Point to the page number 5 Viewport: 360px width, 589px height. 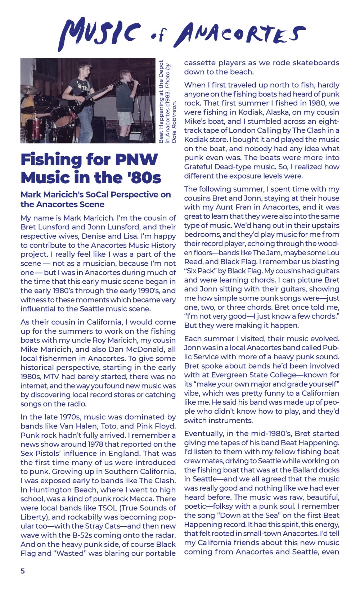pyautogui.click(x=23, y=571)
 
